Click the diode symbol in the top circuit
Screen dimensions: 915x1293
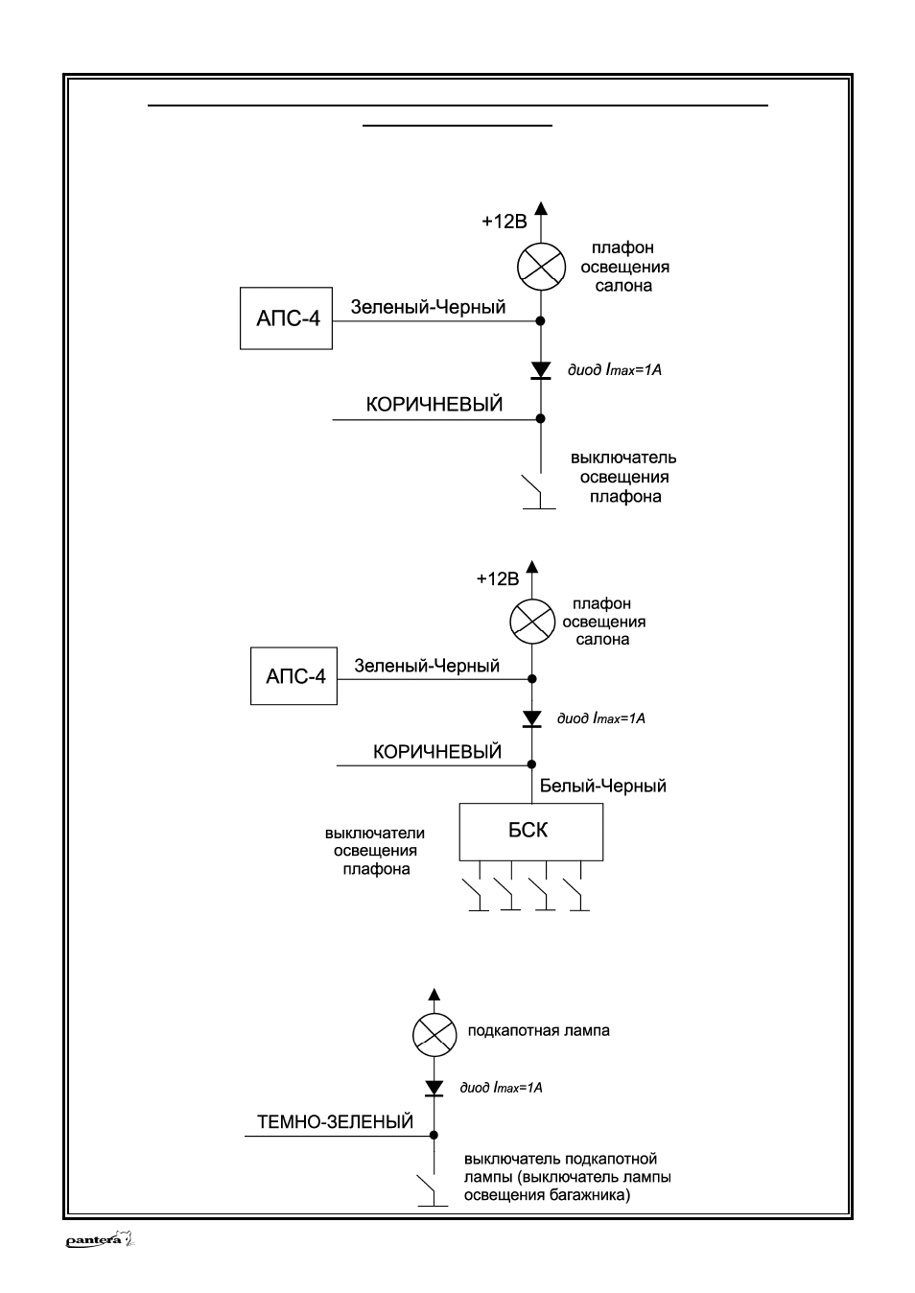pyautogui.click(x=541, y=370)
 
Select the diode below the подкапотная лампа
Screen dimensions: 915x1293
pyautogui.click(x=434, y=1088)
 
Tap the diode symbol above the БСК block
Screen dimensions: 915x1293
pyautogui.click(x=531, y=718)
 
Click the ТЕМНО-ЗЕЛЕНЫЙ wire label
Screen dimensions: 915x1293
pyautogui.click(x=335, y=1121)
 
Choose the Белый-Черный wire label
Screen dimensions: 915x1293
pyautogui.click(x=602, y=786)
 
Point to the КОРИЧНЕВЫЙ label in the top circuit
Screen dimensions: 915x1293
pyautogui.click(x=434, y=404)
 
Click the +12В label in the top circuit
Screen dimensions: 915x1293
pyautogui.click(x=504, y=222)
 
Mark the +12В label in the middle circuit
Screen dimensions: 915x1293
pyautogui.click(x=498, y=579)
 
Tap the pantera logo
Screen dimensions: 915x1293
pyautogui.click(x=100, y=1240)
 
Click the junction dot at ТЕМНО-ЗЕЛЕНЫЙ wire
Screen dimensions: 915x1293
pyautogui.click(x=434, y=1136)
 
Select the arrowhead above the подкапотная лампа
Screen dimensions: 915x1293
pyautogui.click(x=434, y=994)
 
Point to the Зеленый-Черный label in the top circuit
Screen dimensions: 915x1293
pyautogui.click(x=429, y=307)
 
